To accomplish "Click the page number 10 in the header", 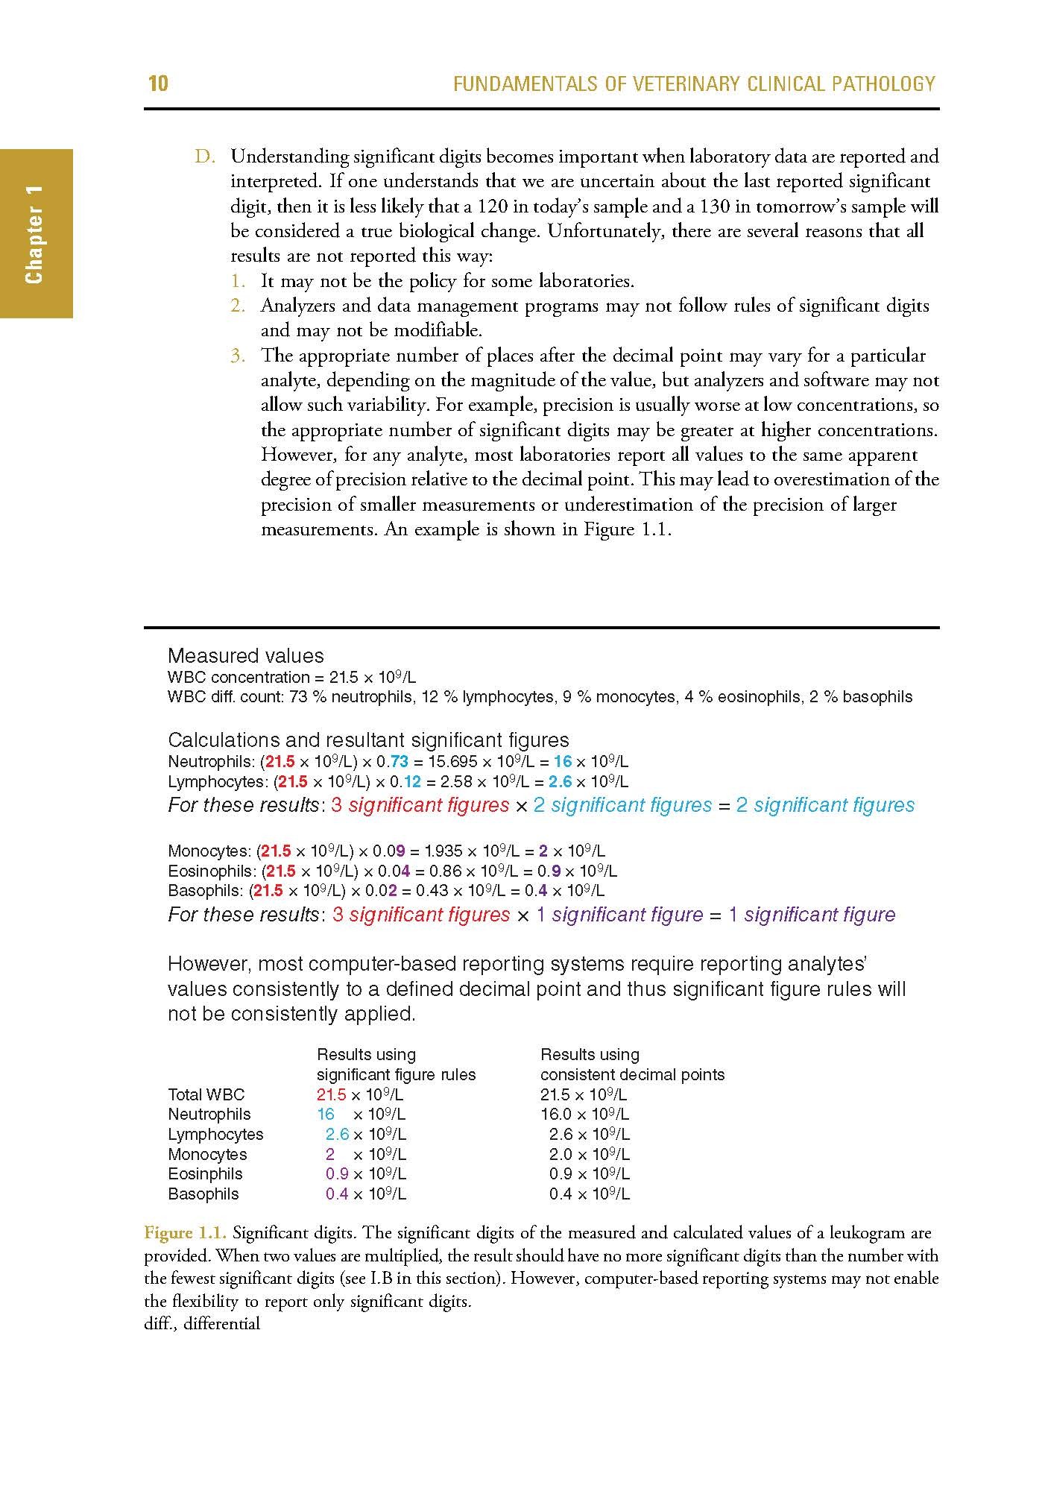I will coord(158,83).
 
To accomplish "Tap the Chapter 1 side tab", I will coord(35,234).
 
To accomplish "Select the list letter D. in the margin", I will coord(205,157).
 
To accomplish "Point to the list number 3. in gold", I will coord(238,356).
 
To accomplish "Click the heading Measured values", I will coord(245,656).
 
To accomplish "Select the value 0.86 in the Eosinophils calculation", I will coord(445,871).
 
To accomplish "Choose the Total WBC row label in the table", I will coord(206,1095).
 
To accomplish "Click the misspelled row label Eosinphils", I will coord(205,1174).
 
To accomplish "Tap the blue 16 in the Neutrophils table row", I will coord(326,1115).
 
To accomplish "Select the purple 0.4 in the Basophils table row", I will coord(337,1194).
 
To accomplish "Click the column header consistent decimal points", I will coord(632,1075).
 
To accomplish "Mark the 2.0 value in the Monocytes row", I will coord(561,1155).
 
